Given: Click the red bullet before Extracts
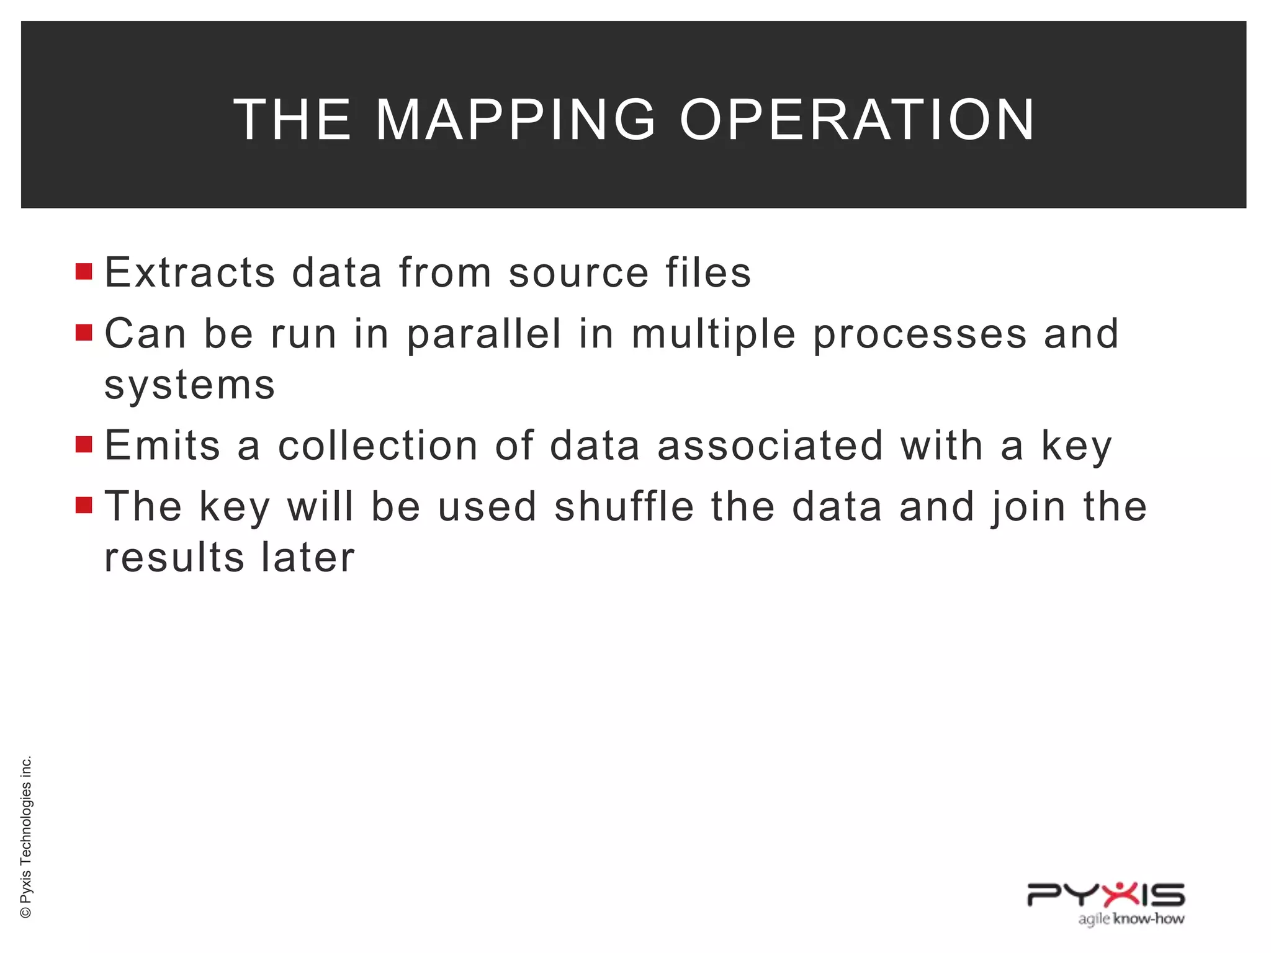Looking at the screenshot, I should tap(84, 272).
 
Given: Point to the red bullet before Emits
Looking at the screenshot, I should tap(84, 444).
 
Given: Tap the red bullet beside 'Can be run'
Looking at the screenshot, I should tap(84, 333).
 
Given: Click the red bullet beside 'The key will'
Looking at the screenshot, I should tap(84, 505).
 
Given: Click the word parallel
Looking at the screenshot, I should tap(484, 334).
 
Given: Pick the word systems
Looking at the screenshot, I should tap(190, 385).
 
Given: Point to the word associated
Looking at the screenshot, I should tap(770, 445).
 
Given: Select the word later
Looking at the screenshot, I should tap(308, 557).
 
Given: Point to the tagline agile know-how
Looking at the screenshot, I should tap(1131, 919).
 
